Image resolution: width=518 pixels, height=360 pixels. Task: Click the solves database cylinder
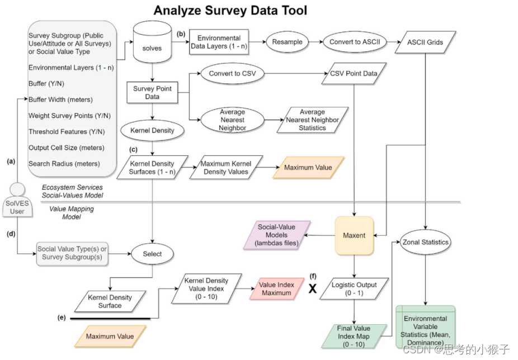click(152, 45)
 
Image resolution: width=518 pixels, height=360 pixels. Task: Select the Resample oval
click(287, 42)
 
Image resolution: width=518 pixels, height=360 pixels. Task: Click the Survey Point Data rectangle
click(152, 93)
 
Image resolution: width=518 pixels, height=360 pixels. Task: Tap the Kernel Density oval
click(152, 131)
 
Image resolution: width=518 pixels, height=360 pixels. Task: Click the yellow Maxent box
click(354, 235)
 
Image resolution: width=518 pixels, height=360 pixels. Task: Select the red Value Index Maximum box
click(276, 289)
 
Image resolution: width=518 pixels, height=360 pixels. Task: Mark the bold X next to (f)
click(313, 289)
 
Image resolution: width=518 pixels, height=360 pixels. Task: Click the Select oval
click(152, 254)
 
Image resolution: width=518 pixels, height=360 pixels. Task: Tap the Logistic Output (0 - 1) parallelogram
click(354, 289)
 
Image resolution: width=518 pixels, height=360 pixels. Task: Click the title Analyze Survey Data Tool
click(230, 11)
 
